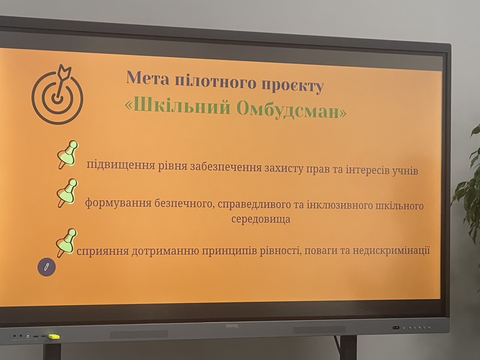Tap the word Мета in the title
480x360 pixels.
tap(148, 78)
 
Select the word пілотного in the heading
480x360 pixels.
tap(216, 81)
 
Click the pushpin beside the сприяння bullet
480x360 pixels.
tap(66, 243)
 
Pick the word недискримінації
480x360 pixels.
tap(391, 251)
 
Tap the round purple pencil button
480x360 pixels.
tap(46, 267)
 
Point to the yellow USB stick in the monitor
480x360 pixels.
tap(54, 336)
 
